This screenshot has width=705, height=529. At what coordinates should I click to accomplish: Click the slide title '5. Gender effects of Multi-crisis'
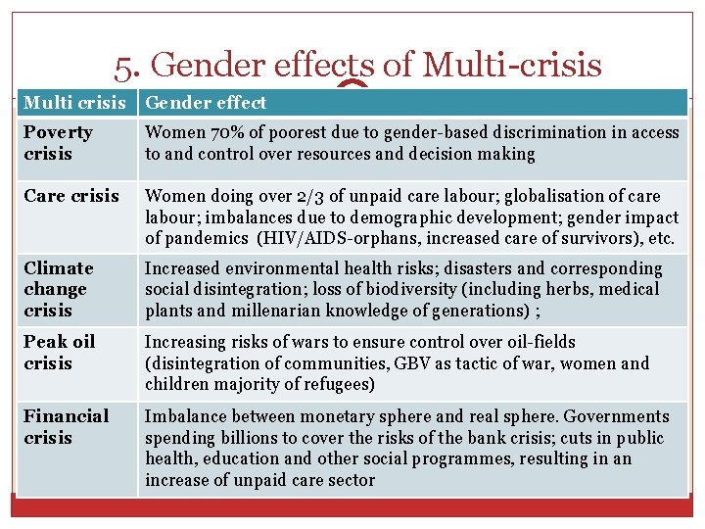(357, 65)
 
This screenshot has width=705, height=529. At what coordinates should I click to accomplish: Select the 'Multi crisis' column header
(74, 102)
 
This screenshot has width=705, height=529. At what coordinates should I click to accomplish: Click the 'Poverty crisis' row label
(58, 143)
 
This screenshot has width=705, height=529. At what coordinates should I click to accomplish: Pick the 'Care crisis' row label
(71, 196)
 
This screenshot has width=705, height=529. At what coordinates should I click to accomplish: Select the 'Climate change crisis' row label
(58, 289)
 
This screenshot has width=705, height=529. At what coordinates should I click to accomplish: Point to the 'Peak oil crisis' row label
(60, 353)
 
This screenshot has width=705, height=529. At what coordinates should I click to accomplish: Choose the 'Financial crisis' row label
(66, 426)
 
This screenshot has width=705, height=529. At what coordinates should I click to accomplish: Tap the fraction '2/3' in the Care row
(298, 196)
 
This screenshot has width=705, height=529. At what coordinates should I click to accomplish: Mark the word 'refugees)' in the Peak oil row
(338, 384)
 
